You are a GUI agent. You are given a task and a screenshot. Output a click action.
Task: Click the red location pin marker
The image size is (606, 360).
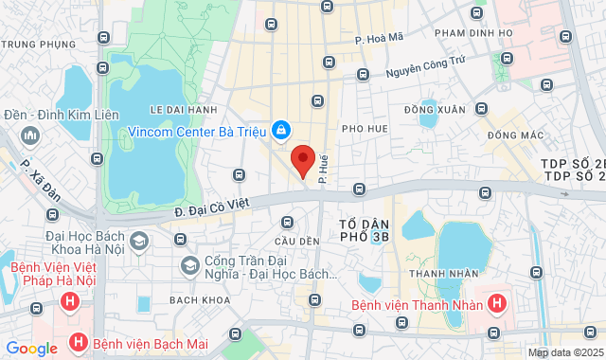coord(302,160)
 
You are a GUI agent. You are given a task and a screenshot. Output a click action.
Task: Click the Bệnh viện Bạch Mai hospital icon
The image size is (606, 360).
coord(79,341)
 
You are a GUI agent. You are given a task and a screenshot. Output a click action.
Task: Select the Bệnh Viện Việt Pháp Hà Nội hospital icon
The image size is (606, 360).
coord(68,303)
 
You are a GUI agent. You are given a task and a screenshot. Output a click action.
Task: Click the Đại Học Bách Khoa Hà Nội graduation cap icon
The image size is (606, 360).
coord(140,242)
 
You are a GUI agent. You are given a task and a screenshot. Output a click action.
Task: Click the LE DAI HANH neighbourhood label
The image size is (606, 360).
coord(184,110)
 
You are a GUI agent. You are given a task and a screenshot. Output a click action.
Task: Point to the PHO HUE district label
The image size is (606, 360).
coord(365,128)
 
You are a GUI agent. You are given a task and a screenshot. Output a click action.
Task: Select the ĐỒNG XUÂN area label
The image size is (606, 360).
coord(435,110)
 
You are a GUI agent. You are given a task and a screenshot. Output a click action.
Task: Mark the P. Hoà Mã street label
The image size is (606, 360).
coord(380,39)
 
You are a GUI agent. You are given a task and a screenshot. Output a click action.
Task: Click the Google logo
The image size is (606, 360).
coord(32,349)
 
